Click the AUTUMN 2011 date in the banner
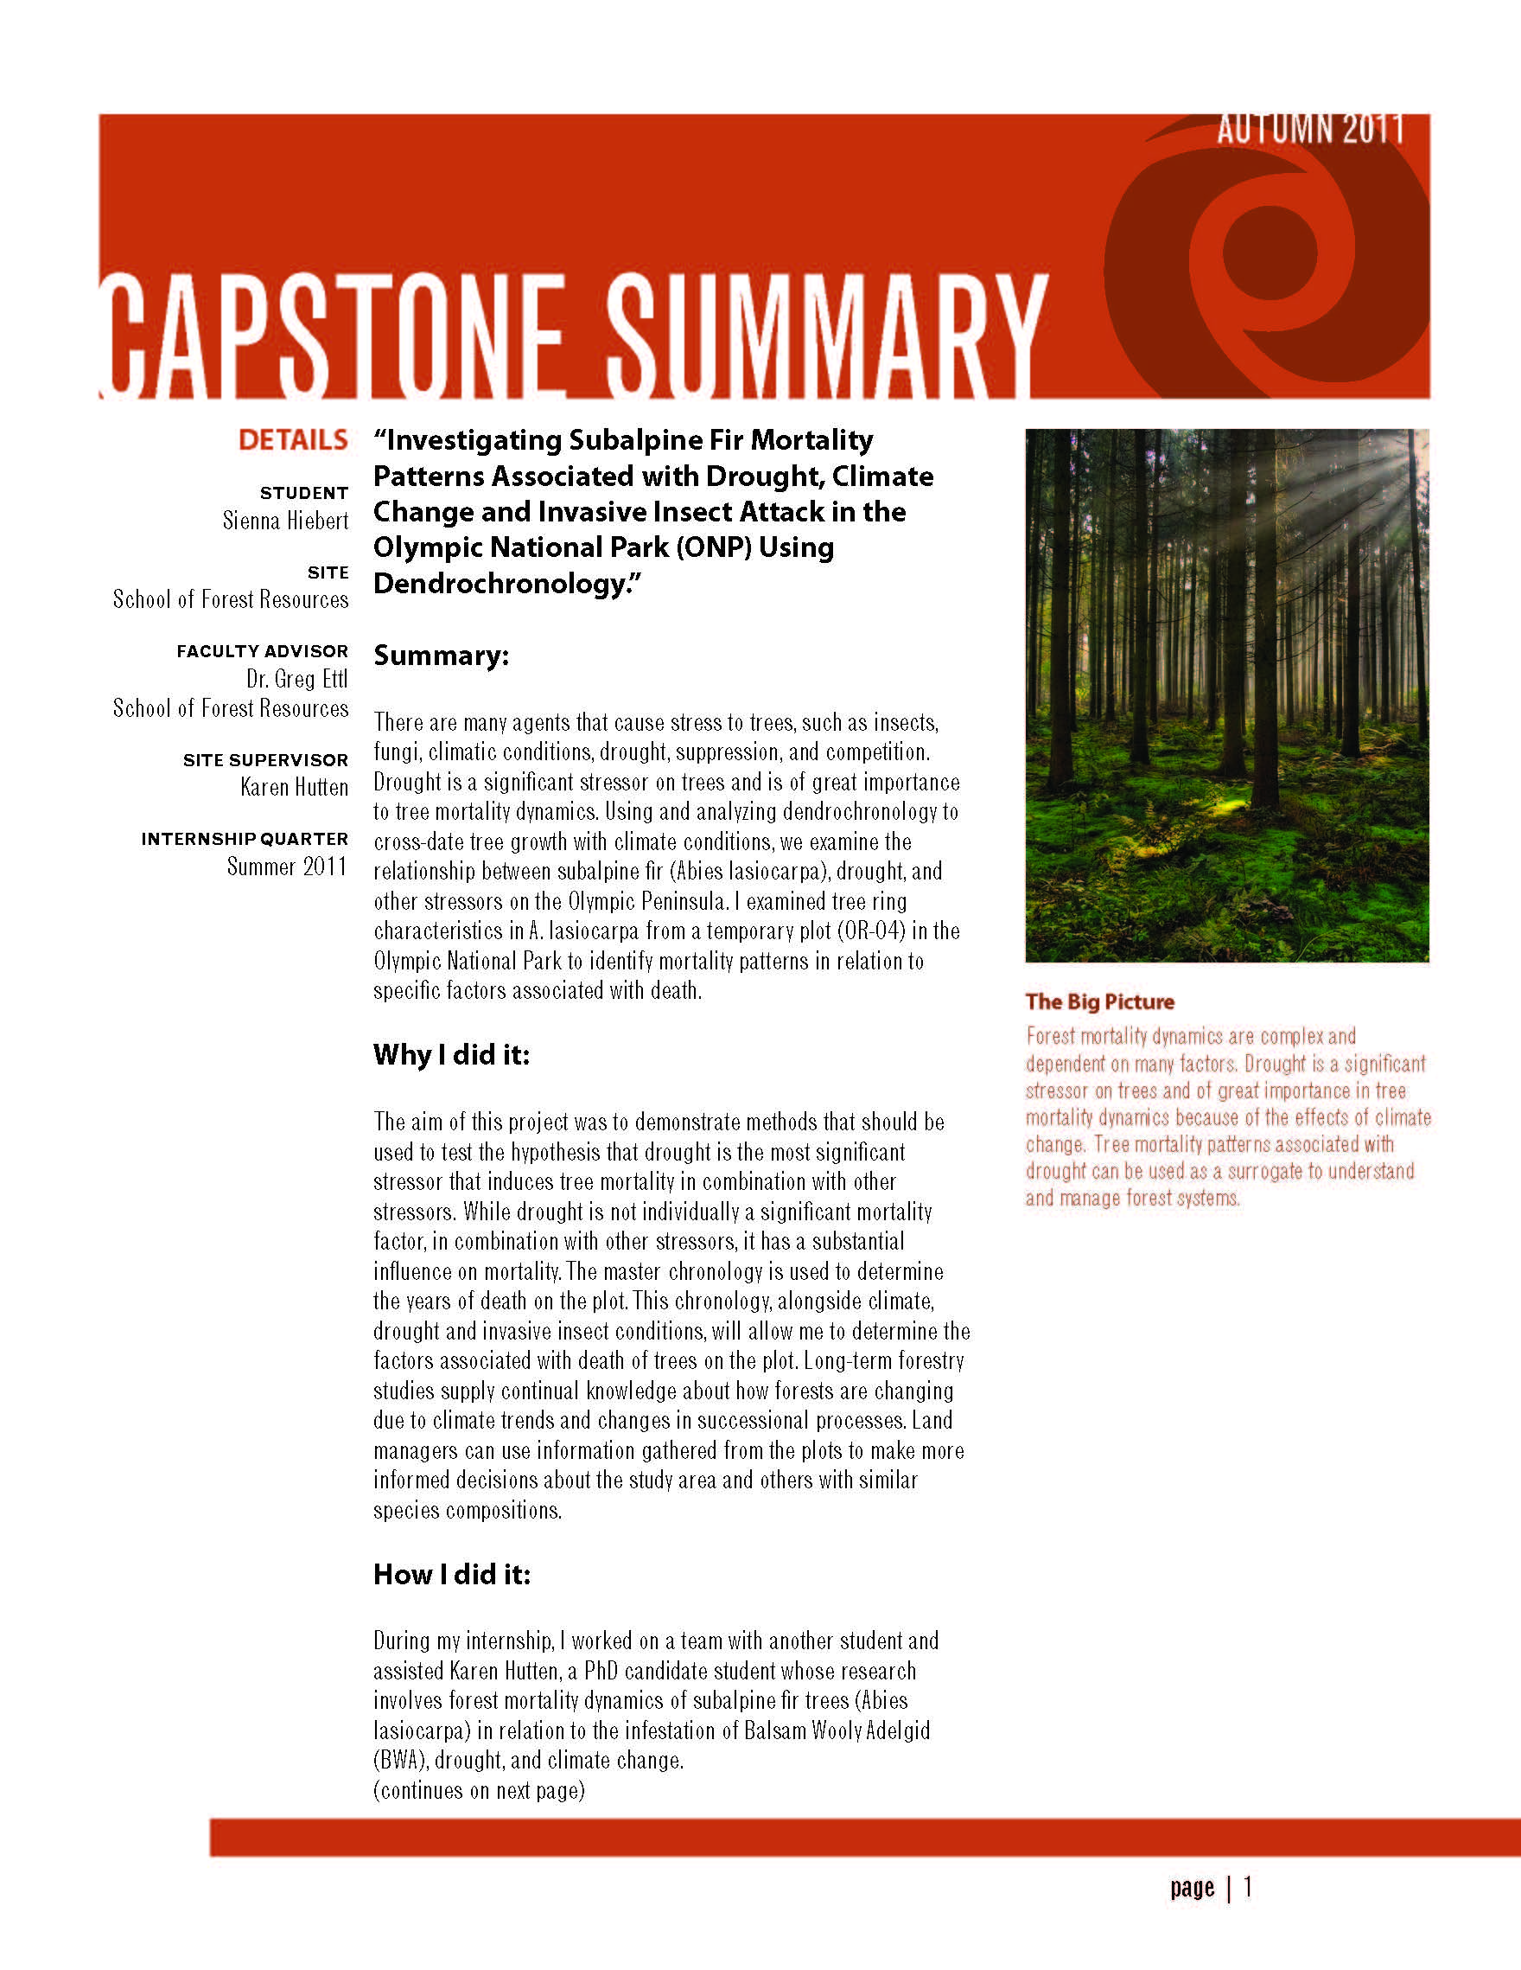pyautogui.click(x=1309, y=130)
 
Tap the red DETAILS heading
pyautogui.click(x=293, y=440)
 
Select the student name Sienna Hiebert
pyautogui.click(x=285, y=521)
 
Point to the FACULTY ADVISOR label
pyautogui.click(x=262, y=651)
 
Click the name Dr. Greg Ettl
pyautogui.click(x=296, y=679)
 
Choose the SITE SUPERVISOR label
pyautogui.click(x=265, y=760)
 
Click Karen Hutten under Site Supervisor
pyautogui.click(x=294, y=788)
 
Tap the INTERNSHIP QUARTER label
pyautogui.click(x=245, y=839)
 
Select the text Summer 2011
pyautogui.click(x=287, y=867)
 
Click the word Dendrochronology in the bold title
pyautogui.click(x=500, y=584)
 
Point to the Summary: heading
pyautogui.click(x=441, y=656)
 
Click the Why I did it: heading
pyautogui.click(x=451, y=1054)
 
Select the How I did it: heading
pyautogui.click(x=452, y=1574)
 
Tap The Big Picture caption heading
pyautogui.click(x=1099, y=1001)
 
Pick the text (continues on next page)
pyautogui.click(x=479, y=1790)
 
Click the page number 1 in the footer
pyautogui.click(x=1248, y=1887)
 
